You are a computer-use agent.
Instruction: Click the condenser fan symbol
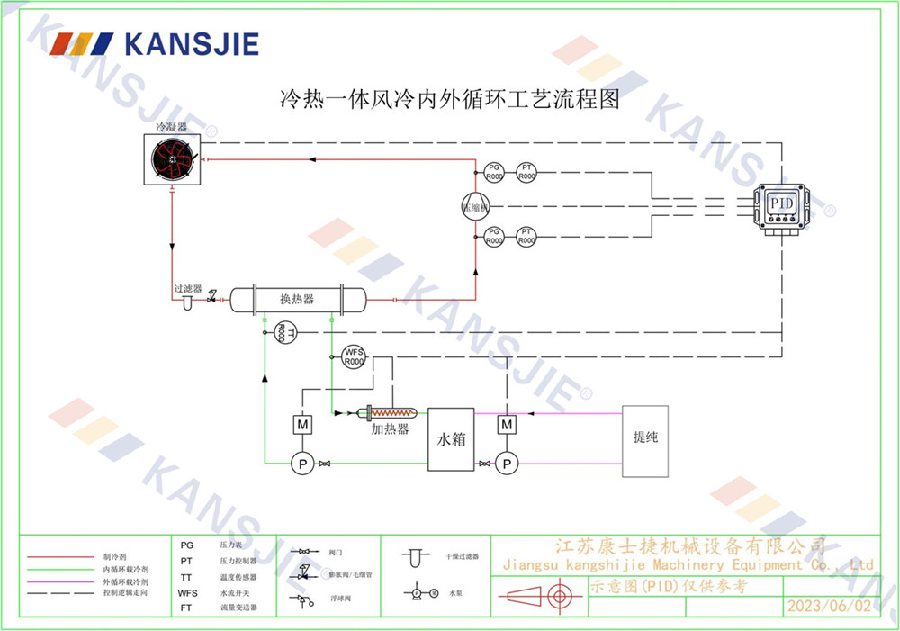(171, 160)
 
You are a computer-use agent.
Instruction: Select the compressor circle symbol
(474, 205)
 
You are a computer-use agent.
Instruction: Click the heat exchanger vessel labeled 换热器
(298, 299)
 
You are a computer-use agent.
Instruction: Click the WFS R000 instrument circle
(354, 356)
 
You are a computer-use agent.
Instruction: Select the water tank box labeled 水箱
(451, 439)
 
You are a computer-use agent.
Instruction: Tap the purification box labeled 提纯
(645, 439)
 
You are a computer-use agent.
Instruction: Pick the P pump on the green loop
(301, 464)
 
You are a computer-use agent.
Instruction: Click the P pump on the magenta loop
(508, 464)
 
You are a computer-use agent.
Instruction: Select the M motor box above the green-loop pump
(301, 423)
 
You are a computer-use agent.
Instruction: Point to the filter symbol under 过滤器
(187, 302)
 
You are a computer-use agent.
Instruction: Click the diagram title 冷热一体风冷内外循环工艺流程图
(450, 99)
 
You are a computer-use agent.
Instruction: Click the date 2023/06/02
(829, 606)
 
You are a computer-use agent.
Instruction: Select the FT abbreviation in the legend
(186, 608)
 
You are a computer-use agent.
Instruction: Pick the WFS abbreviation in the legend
(188, 593)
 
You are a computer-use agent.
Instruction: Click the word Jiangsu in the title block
(527, 564)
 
